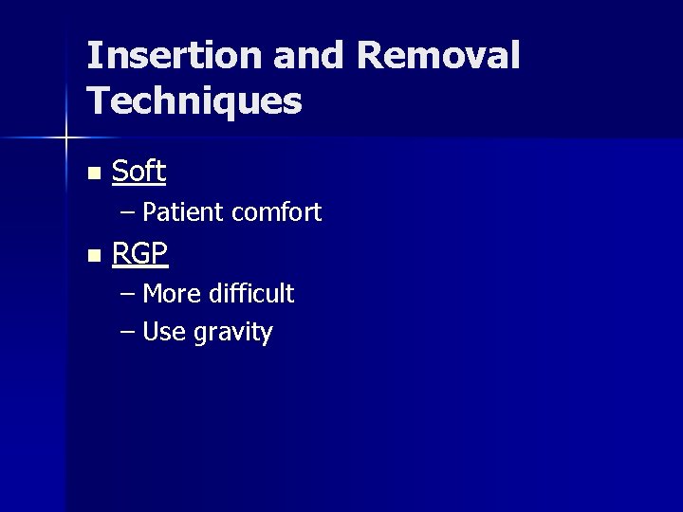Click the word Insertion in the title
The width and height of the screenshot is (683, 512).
pos(174,56)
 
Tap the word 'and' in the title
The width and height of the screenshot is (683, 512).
pos(308,56)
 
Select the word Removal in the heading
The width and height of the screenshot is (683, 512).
pos(438,56)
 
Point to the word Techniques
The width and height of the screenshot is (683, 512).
pos(194,101)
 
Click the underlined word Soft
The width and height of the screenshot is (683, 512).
pos(138,172)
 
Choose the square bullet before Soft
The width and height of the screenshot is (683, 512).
pos(92,174)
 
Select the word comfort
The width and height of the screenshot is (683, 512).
pos(276,212)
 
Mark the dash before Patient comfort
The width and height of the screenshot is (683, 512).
pos(128,213)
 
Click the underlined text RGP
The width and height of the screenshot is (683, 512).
pos(139,254)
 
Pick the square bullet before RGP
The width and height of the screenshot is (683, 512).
pos(92,256)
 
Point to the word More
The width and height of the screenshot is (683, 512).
pos(171,294)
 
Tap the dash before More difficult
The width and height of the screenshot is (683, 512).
pos(128,295)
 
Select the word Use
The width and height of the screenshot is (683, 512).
pos(163,333)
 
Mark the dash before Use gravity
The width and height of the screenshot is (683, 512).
pos(128,333)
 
